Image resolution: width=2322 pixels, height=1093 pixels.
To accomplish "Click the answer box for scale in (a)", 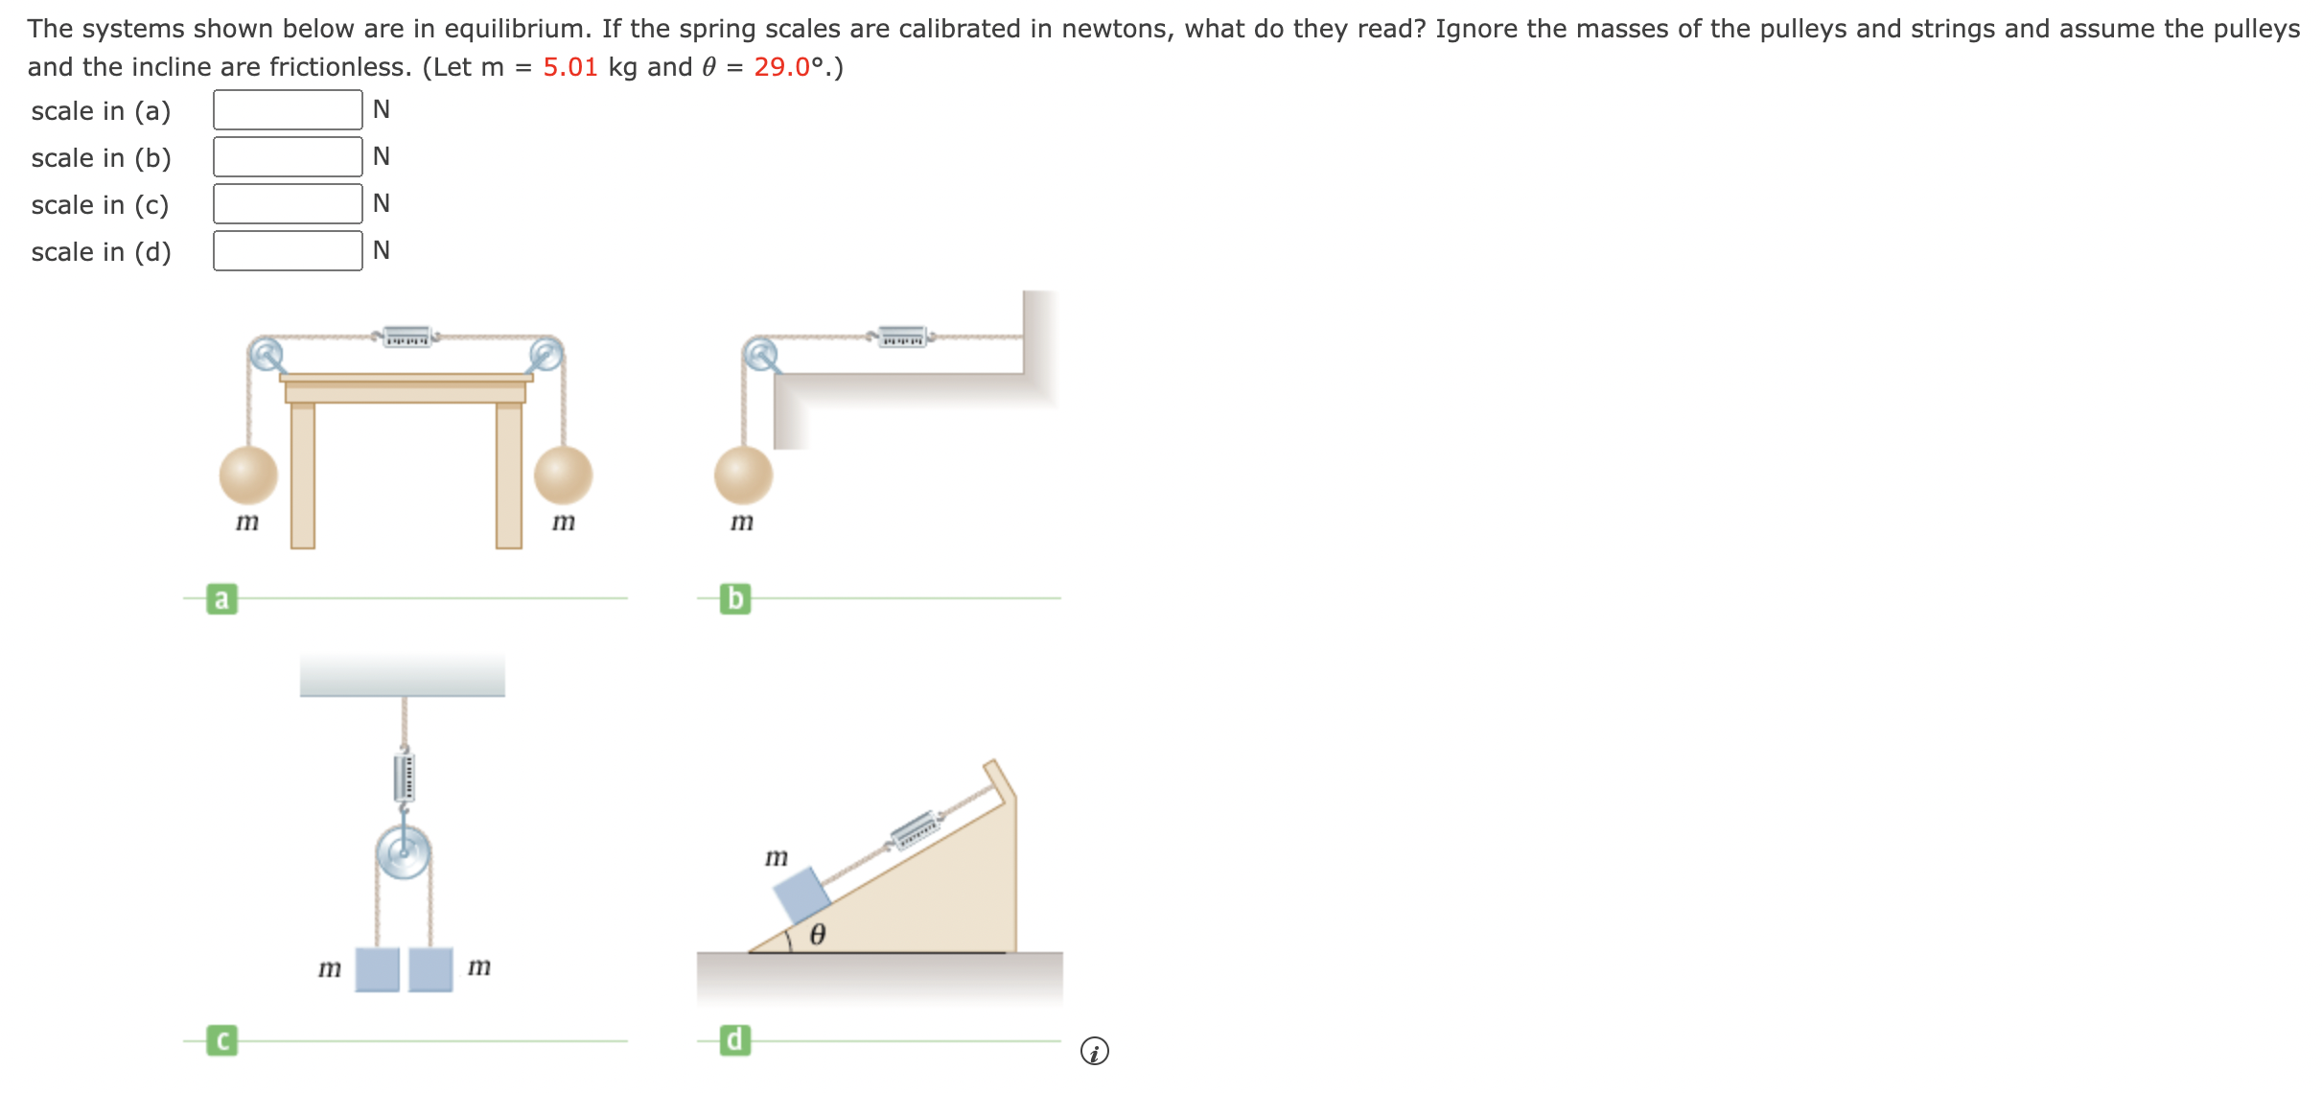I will [x=288, y=110].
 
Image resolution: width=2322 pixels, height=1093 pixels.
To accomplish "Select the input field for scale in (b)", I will [x=288, y=157].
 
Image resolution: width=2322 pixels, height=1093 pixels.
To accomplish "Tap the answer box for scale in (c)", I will [x=288, y=204].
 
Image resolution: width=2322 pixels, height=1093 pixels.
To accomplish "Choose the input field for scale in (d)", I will [x=288, y=251].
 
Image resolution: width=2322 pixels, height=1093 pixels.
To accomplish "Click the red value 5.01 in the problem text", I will [x=569, y=67].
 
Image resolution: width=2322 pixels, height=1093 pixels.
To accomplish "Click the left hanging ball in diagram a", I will [x=248, y=475].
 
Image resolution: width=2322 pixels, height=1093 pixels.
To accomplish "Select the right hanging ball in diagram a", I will [x=563, y=475].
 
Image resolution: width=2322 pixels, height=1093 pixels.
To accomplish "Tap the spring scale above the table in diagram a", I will [x=406, y=337].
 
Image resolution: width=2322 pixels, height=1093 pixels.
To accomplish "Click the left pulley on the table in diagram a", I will [x=266, y=355].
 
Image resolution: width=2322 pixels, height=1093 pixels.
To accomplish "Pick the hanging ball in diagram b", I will [x=743, y=475].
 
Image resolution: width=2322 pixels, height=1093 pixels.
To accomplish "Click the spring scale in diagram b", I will [x=902, y=337].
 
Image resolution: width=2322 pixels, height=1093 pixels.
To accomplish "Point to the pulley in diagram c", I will [x=404, y=852].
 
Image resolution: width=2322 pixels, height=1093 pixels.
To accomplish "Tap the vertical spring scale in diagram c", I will [x=405, y=777].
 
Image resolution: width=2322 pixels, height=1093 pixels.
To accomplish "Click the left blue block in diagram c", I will [x=378, y=969].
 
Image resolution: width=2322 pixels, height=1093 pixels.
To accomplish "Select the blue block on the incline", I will [x=802, y=895].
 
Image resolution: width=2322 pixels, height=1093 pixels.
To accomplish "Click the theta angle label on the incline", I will [x=818, y=935].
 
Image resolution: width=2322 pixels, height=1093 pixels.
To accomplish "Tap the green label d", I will [x=735, y=1040].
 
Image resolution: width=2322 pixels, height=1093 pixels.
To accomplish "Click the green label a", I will [x=221, y=599].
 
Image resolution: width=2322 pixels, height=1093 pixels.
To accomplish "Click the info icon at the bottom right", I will [x=1094, y=1052].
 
